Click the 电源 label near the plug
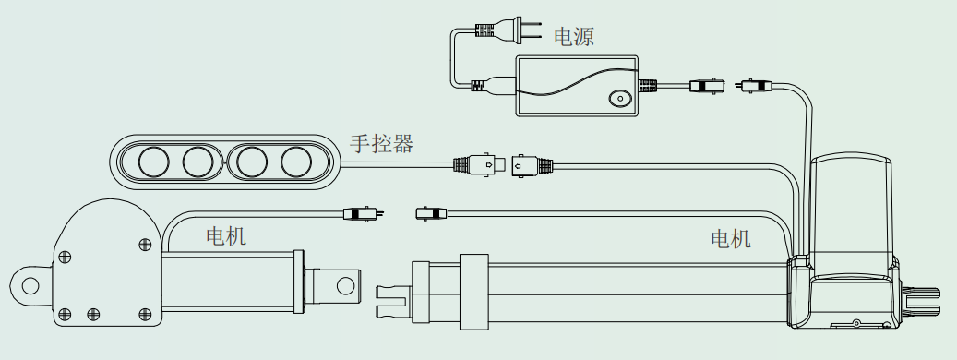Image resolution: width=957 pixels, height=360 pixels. (x=573, y=37)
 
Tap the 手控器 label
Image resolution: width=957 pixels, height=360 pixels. (x=381, y=143)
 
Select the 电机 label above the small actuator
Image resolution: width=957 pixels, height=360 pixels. (x=226, y=236)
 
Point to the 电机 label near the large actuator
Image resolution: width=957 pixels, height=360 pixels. (x=731, y=238)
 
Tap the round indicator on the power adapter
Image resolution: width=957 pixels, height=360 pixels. (x=620, y=98)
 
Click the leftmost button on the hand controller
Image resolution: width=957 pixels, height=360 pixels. (x=153, y=162)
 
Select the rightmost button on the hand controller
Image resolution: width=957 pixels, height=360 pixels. (x=296, y=162)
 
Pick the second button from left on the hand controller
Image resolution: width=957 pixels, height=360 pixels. (x=198, y=162)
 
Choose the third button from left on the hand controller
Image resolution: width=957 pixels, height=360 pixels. (x=251, y=162)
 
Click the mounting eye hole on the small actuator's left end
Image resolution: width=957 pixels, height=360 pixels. (x=30, y=285)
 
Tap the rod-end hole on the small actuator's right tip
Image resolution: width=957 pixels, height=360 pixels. (x=345, y=285)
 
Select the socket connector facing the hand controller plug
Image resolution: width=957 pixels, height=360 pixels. (x=532, y=164)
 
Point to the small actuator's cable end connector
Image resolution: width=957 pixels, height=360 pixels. (x=364, y=213)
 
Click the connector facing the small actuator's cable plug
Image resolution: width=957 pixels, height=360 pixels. (x=431, y=213)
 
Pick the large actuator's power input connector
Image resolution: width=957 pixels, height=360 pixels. (x=754, y=86)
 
